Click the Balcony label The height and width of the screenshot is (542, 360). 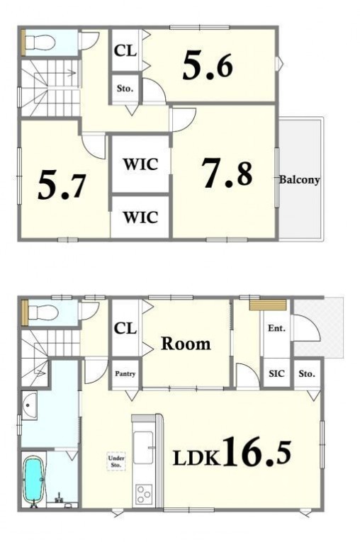[x=299, y=180]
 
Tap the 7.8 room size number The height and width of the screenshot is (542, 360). [x=228, y=173]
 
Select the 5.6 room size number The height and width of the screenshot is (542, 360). [x=208, y=65]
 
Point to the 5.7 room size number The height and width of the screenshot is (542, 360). [x=62, y=185]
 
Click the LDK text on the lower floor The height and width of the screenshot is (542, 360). [x=196, y=458]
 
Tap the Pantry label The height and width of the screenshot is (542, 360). [x=125, y=374]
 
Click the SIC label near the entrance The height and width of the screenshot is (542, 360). [x=276, y=373]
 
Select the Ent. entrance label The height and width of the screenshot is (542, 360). [x=276, y=328]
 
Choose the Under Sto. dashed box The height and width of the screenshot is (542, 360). [x=116, y=461]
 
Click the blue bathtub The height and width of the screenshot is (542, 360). [x=34, y=480]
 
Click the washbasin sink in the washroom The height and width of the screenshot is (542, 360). [x=29, y=405]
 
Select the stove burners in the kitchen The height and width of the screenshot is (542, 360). [x=144, y=495]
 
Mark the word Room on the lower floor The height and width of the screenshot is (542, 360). [x=186, y=344]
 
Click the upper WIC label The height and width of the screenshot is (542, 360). [x=141, y=164]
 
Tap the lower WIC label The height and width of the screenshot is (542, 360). [x=140, y=218]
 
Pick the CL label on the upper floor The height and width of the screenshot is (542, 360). [x=125, y=51]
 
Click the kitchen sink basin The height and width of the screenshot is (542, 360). [x=143, y=447]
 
